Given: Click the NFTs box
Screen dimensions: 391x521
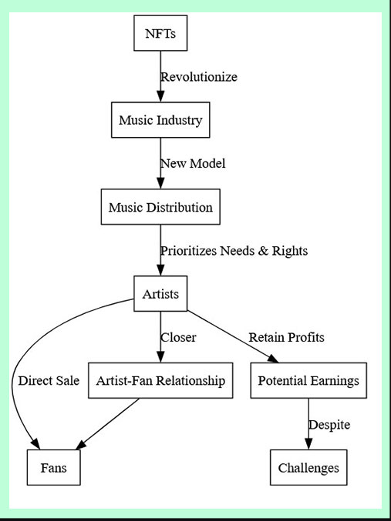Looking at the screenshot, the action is click(160, 33).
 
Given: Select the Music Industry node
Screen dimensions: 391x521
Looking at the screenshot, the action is click(160, 119).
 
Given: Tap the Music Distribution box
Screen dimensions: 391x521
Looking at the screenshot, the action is click(160, 207).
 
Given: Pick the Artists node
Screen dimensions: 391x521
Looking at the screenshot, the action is click(160, 294).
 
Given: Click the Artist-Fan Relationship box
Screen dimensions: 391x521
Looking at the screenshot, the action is click(160, 380).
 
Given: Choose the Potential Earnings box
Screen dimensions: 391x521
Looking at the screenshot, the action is click(308, 380).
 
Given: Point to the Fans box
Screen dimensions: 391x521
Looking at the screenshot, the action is click(54, 467).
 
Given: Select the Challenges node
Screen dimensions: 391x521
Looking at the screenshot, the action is click(308, 467).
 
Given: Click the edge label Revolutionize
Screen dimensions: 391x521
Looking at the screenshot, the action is click(199, 77).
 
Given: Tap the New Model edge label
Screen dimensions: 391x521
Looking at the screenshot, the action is click(193, 163).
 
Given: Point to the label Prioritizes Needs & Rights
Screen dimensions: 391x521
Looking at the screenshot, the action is click(234, 251).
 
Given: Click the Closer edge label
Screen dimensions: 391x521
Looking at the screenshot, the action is click(178, 337).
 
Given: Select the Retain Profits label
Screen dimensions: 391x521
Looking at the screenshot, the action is click(286, 337).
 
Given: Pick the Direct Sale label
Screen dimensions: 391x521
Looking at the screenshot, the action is click(49, 380).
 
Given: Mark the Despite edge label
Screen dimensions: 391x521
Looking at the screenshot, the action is click(329, 425).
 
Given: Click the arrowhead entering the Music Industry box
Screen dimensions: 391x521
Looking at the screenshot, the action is click(160, 96).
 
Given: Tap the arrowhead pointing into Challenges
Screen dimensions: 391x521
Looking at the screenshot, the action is click(308, 443).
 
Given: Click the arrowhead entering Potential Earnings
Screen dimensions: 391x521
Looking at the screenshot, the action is click(272, 359).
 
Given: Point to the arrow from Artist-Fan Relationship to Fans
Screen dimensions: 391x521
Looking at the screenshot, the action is click(107, 424).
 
